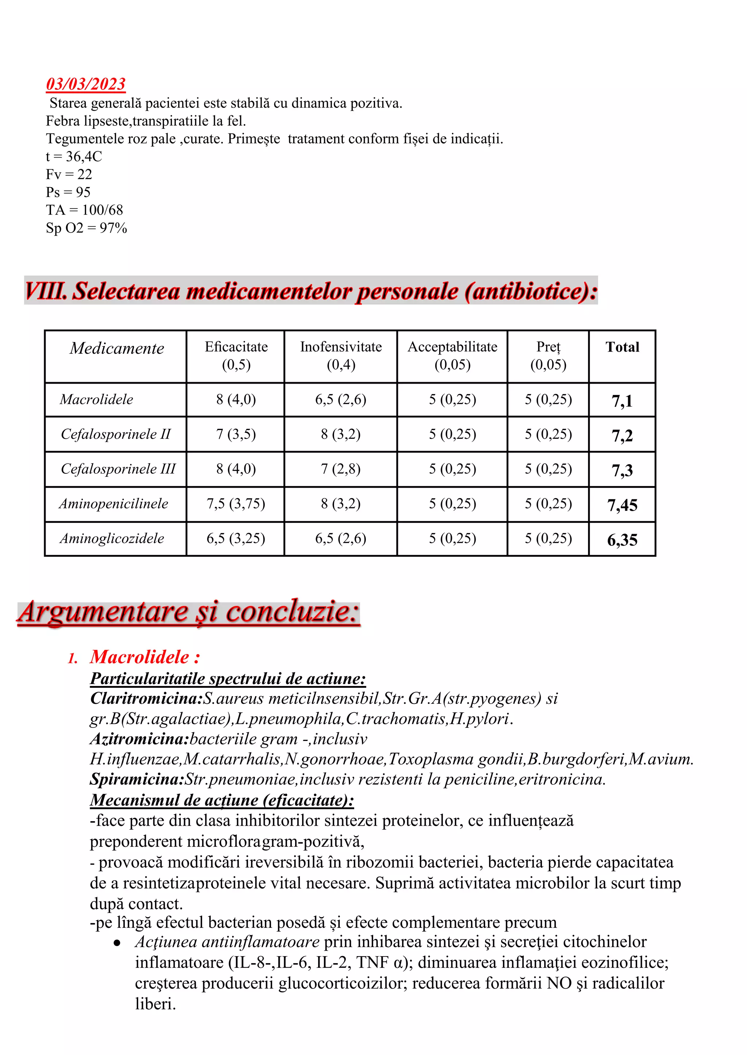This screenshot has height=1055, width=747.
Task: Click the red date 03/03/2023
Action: (86, 84)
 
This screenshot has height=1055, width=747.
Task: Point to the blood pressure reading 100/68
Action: (102, 210)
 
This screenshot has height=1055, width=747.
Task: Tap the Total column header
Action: (622, 347)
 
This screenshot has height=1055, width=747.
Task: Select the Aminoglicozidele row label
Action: (112, 538)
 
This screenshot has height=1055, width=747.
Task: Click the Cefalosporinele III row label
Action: (118, 469)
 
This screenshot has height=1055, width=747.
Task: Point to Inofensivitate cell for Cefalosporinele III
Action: (340, 469)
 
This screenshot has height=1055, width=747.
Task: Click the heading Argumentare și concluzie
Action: (189, 612)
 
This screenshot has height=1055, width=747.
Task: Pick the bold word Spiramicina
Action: (137, 779)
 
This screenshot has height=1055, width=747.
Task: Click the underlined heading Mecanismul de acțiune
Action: (222, 800)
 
